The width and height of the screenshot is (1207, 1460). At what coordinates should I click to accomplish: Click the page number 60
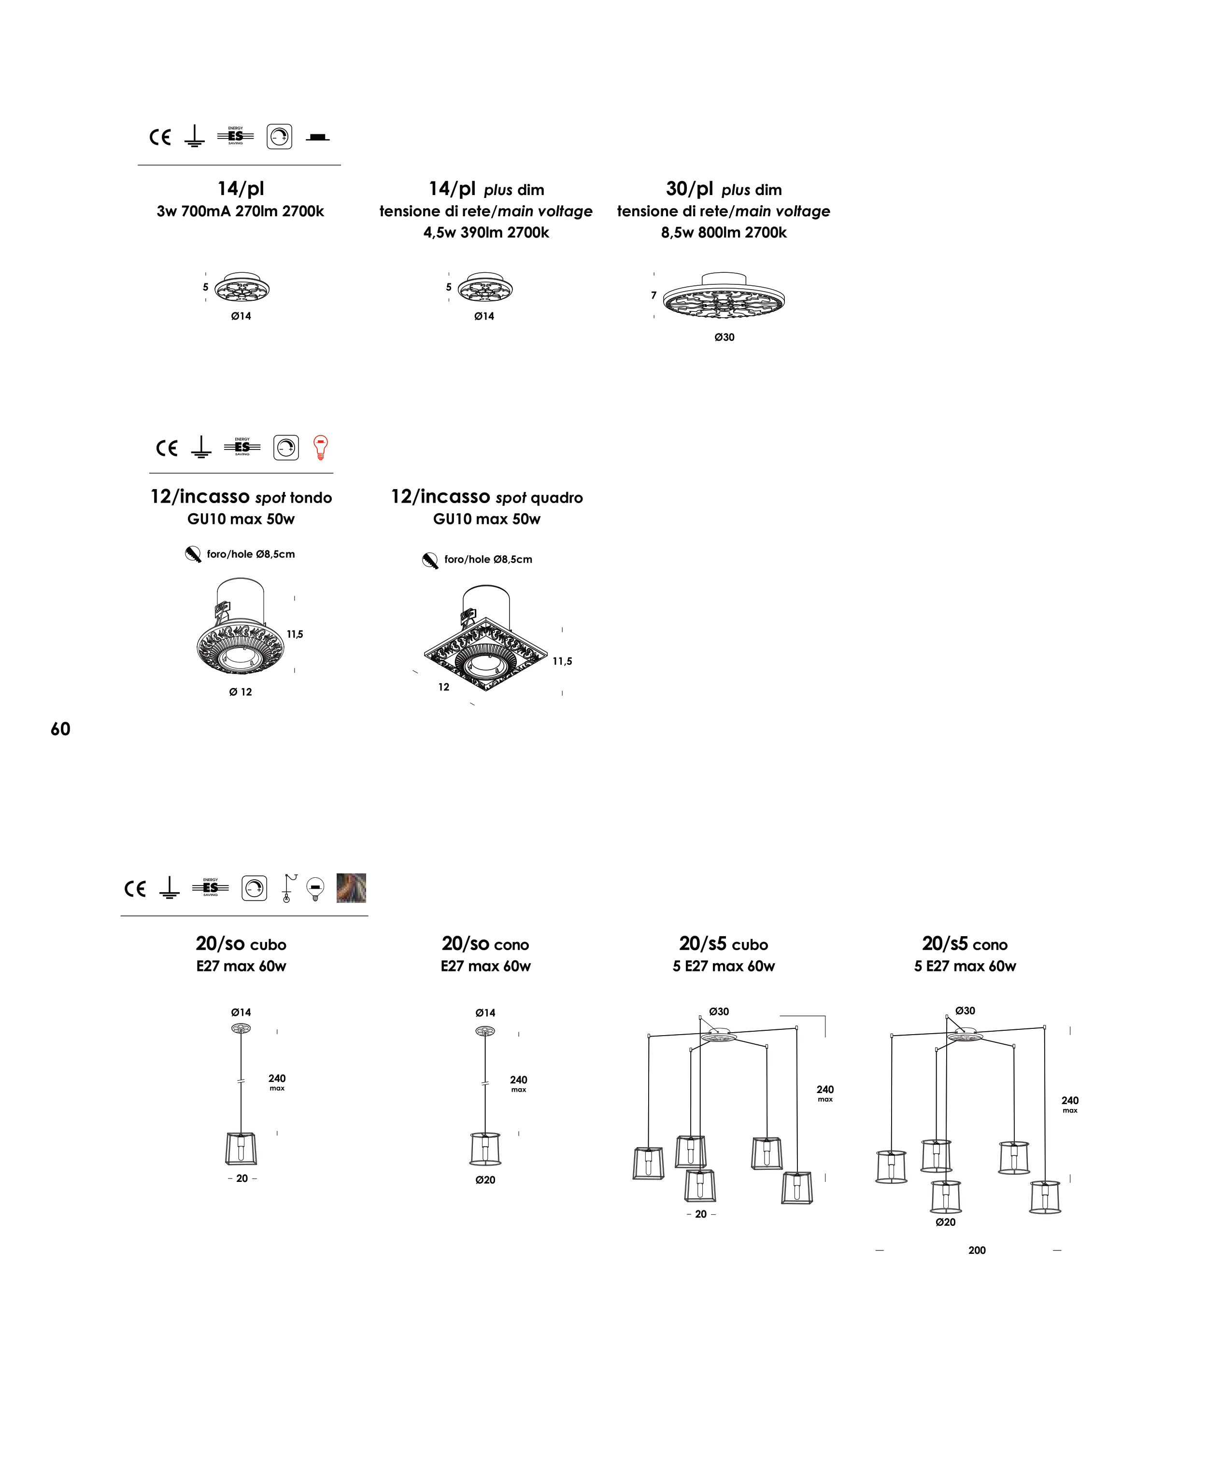(60, 729)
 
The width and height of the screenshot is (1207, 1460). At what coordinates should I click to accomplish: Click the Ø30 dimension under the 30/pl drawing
(724, 337)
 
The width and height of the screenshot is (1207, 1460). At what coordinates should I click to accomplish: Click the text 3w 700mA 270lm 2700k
(240, 211)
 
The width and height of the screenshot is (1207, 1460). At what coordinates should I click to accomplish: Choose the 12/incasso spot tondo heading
(241, 497)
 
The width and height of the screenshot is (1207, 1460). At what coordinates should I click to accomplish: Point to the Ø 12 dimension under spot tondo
(240, 692)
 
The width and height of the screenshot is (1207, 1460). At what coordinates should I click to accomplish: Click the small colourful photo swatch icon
(351, 888)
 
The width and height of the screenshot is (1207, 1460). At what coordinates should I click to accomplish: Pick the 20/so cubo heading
(241, 944)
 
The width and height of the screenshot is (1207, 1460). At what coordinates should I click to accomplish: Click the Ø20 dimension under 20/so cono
(485, 1180)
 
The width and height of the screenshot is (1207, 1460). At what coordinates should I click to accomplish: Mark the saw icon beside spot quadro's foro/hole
(430, 560)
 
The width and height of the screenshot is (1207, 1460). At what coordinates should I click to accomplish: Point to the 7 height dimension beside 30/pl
(653, 295)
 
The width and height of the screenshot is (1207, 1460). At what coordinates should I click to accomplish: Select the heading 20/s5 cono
(965, 944)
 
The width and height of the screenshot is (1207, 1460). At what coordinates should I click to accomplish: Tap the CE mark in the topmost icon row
(160, 137)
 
